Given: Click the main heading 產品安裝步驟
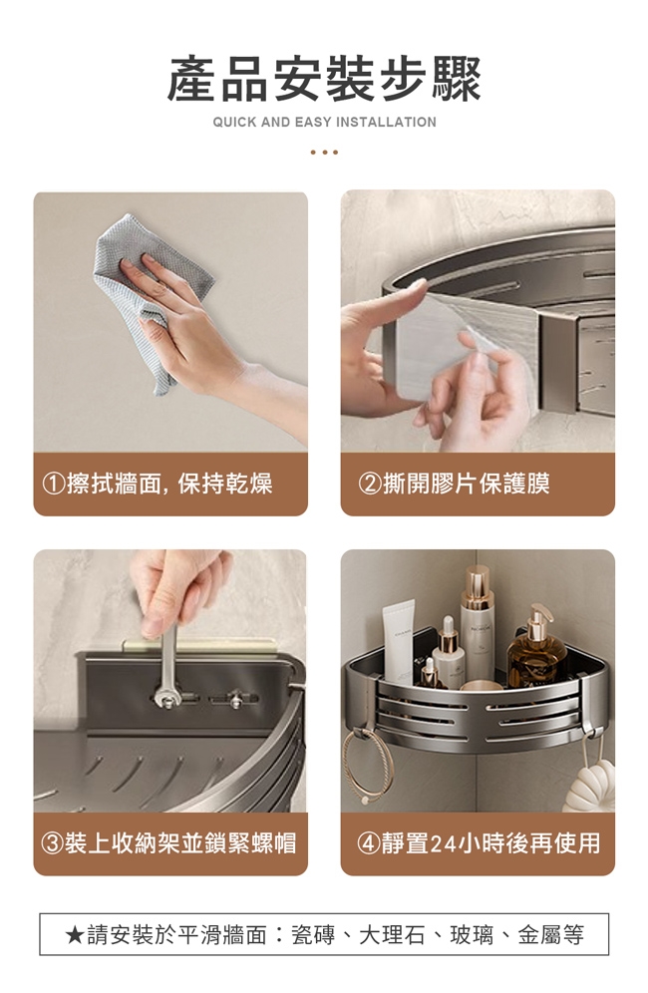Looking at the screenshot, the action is pos(324,79).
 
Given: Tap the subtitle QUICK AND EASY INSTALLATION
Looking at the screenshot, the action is pos(324,123).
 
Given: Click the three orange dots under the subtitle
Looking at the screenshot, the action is pos(324,152).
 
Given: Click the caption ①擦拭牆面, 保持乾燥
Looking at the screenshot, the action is pos(158,484).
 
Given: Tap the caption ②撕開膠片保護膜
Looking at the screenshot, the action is pos(455,484).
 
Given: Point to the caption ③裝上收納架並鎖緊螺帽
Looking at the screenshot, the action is pos(169,842).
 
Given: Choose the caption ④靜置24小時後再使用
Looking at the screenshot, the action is pos(479,842).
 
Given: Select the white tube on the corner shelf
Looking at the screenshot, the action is pos(399,641).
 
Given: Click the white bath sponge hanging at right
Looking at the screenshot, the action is pos(590,786).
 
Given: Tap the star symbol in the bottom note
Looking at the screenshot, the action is pos(74,935).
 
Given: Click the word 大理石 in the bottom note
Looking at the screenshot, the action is pos(392,935).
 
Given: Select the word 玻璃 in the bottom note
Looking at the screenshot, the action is pos(472,935).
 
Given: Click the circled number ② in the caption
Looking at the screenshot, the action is pos(370,485).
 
